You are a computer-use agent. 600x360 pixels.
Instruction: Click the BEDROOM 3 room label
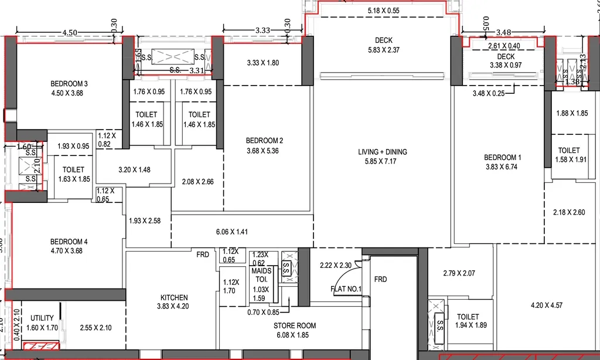[69, 84]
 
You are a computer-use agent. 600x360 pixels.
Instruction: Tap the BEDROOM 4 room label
[69, 242]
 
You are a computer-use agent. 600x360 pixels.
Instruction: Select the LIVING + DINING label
[383, 152]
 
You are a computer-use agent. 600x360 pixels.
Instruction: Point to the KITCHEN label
[174, 297]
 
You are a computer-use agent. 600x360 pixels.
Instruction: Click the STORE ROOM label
[295, 325]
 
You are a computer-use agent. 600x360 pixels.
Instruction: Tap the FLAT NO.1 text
[346, 288]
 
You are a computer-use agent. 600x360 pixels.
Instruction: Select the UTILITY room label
[42, 318]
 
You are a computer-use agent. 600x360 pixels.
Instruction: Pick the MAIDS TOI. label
[261, 271]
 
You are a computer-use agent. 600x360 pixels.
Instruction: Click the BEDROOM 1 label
[502, 157]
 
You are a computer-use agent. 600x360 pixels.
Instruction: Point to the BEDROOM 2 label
[264, 140]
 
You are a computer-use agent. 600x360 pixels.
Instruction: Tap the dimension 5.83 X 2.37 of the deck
[384, 50]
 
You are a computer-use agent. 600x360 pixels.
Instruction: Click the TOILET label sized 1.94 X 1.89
[467, 317]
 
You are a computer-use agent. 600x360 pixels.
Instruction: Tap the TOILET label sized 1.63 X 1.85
[73, 170]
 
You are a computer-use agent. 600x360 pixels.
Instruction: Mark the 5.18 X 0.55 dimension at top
[383, 11]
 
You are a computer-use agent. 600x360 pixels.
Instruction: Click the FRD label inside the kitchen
[203, 254]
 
